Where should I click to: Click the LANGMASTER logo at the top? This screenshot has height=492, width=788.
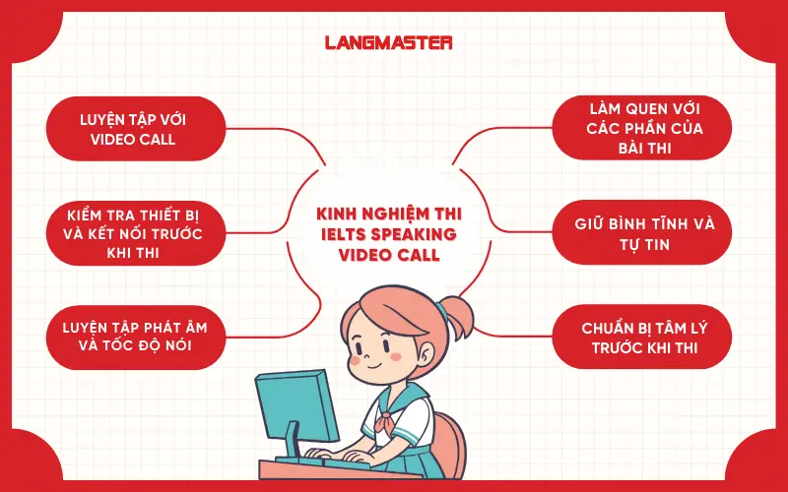click(388, 43)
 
